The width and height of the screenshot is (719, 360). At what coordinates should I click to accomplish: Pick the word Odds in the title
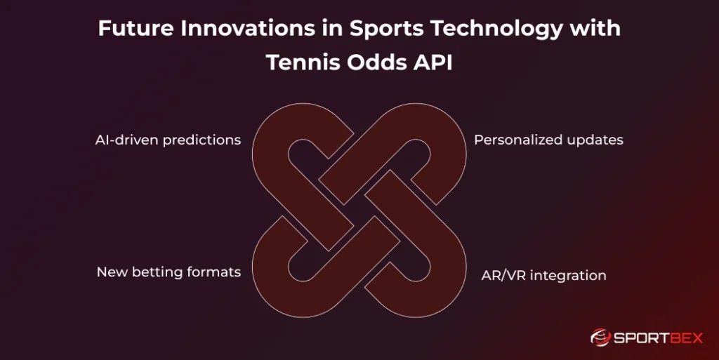(x=376, y=62)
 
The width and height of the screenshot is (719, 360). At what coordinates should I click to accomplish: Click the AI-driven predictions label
(x=169, y=140)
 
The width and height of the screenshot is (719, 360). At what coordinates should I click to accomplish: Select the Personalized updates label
(x=549, y=140)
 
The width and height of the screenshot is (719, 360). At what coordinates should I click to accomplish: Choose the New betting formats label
(x=169, y=272)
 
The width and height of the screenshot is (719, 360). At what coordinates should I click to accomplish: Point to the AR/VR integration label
(x=544, y=275)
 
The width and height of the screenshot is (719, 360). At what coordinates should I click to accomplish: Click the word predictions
(x=202, y=140)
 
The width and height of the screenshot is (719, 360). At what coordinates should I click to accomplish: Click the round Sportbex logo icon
(x=600, y=338)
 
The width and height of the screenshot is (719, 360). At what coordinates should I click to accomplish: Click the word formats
(x=216, y=272)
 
